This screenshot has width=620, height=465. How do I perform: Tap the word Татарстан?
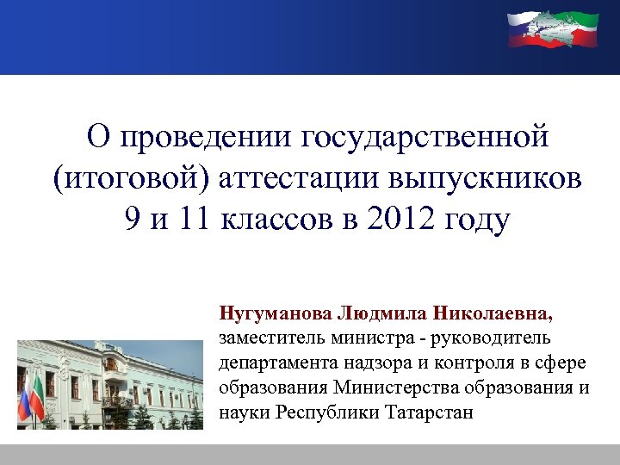click(x=433, y=412)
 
